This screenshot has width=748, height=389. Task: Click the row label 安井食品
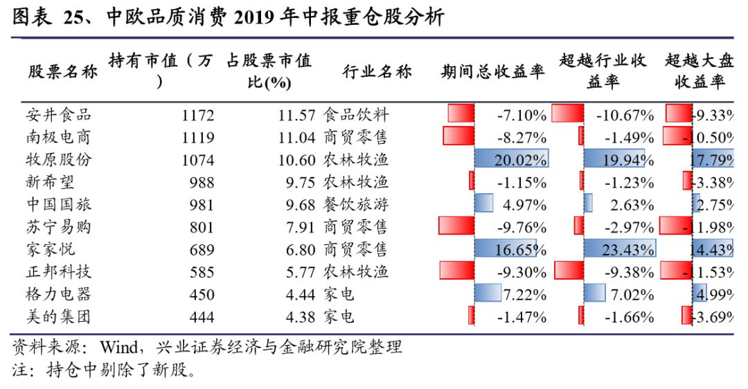[x=59, y=115]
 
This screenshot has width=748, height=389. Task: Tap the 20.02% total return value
[x=520, y=160]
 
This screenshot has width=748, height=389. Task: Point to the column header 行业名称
[x=377, y=71]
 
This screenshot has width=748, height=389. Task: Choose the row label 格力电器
[x=59, y=295]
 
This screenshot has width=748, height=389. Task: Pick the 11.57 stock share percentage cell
[x=296, y=115]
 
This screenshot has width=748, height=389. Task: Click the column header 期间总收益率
[x=492, y=71]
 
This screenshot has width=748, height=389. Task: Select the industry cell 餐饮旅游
[x=356, y=205]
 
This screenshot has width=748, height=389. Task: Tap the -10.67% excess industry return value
[x=625, y=115]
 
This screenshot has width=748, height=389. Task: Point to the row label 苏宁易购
[x=59, y=227]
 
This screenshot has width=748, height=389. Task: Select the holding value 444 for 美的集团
[x=201, y=317]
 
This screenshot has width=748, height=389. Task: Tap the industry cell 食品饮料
[x=356, y=115]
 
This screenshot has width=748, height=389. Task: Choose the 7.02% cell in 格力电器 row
[x=632, y=295]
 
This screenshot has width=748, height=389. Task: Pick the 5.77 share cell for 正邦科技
[x=301, y=272]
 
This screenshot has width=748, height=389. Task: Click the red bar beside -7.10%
[x=461, y=114]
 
